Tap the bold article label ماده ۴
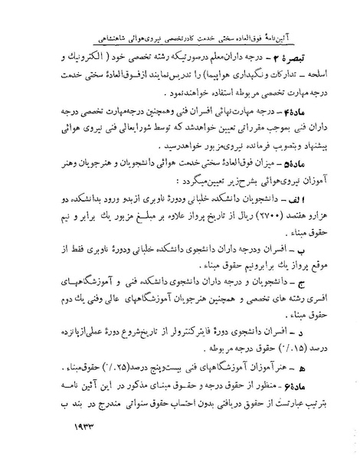tap(316, 110)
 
